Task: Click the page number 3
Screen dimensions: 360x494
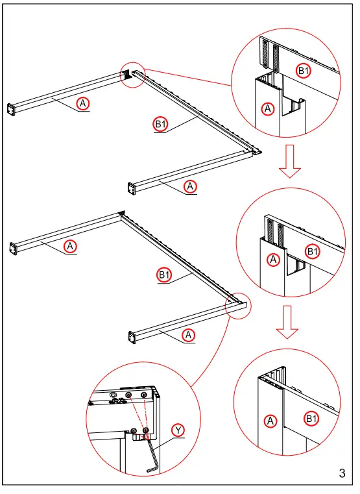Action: pos(342,473)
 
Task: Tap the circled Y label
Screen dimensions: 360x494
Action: pos(178,430)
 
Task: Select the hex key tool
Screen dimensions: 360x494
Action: pos(152,453)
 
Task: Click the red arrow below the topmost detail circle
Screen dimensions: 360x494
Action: pos(290,161)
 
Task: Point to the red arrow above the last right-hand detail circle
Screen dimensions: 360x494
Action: pos(287,322)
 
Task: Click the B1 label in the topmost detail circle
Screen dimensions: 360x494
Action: pos(304,71)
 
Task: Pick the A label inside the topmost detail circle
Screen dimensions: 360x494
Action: pos(268,109)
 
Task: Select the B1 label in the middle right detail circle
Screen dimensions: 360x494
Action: pos(312,252)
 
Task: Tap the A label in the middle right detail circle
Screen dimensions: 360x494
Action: pos(273,260)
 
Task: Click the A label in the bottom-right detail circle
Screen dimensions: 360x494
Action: pos(270,421)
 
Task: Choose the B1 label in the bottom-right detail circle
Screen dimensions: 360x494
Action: pos(311,419)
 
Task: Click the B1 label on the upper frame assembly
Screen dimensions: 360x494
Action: pos(160,124)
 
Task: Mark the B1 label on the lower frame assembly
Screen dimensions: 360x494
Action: pos(164,275)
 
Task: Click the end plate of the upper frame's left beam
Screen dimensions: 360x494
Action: pos(11,109)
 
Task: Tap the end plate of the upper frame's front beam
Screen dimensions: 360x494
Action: pos(132,189)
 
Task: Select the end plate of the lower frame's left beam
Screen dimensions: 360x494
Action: pos(13,249)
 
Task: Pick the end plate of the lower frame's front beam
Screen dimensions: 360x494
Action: pos(132,338)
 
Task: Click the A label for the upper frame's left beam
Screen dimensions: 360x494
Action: pos(83,103)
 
